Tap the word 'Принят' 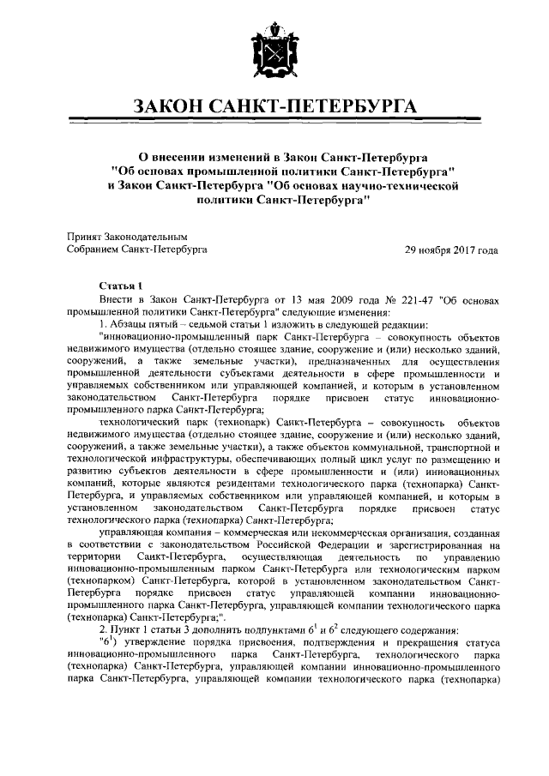tap(83, 236)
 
